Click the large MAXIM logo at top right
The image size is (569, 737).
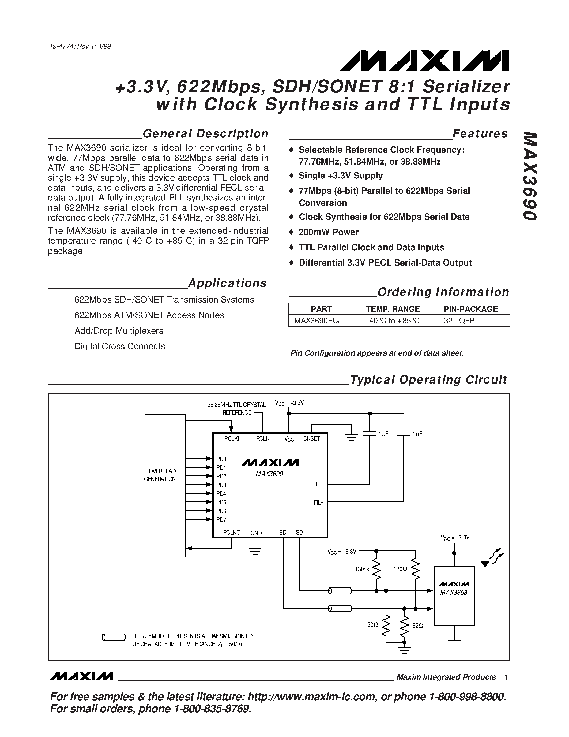pos(424,61)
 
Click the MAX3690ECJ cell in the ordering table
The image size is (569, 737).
pos(318,320)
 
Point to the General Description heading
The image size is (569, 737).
pos(206,134)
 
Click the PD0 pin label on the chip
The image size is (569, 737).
pos(221,459)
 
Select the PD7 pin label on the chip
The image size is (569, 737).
pos(221,520)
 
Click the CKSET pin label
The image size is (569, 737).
pos(311,439)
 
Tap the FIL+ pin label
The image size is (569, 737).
pos(318,485)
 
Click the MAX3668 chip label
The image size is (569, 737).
pos(454,593)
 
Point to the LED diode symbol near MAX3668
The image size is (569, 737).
pos(485,564)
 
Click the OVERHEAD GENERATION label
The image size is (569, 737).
pos(160,475)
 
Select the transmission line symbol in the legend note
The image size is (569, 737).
pos(114,637)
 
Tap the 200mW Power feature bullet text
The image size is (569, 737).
pos(328,232)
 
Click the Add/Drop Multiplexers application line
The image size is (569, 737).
pos(119,331)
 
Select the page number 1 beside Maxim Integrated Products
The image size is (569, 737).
pos(506,677)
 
